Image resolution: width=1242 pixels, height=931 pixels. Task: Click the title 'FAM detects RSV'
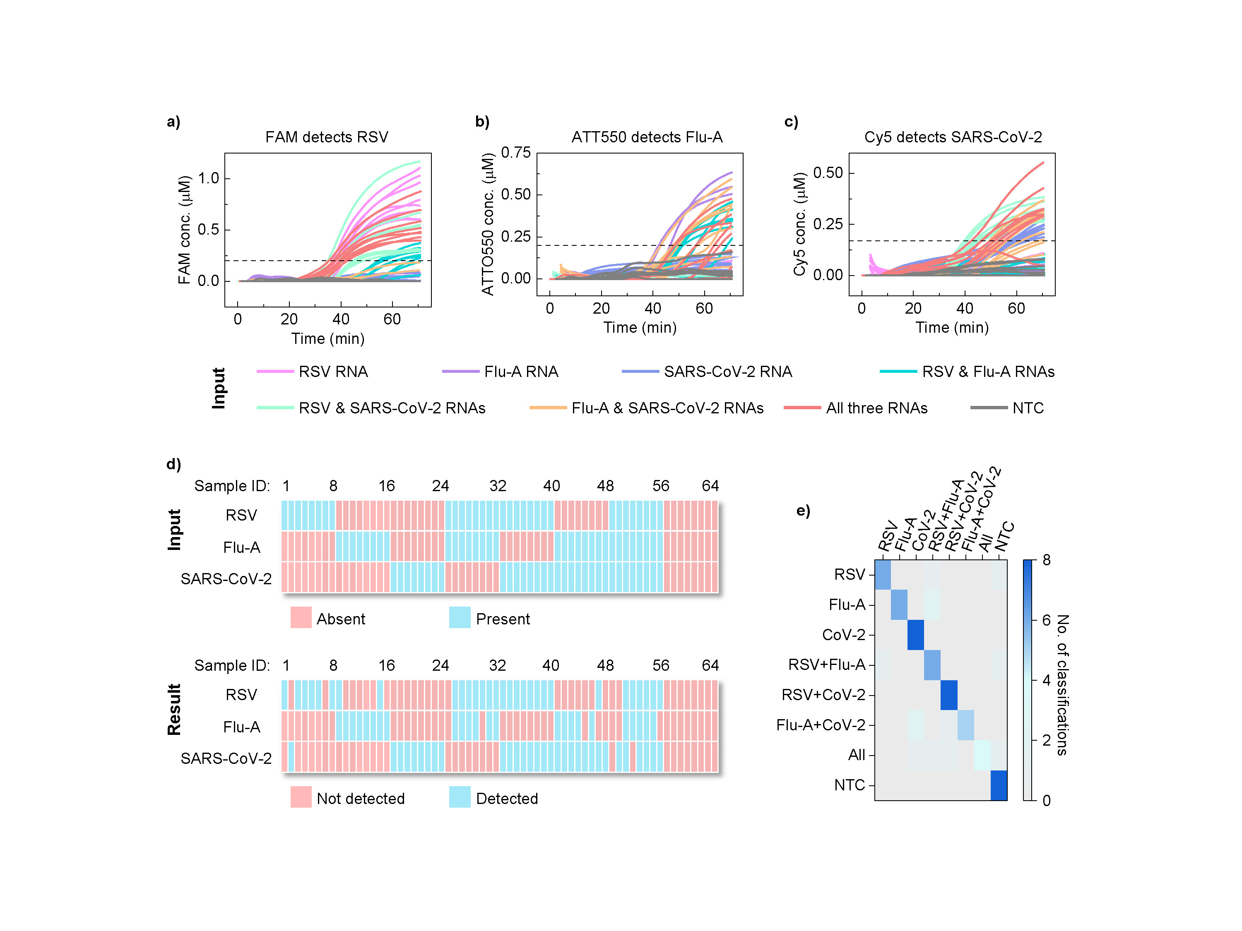326,137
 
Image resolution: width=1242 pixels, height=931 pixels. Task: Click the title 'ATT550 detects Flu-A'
646,137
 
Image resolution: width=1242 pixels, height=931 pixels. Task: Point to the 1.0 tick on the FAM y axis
208,178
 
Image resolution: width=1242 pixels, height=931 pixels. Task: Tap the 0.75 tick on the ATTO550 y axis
515,153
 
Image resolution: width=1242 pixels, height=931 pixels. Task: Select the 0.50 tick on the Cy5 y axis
828,173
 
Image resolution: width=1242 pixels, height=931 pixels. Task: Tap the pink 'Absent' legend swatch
301,617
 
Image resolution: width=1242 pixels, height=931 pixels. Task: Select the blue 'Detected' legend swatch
459,797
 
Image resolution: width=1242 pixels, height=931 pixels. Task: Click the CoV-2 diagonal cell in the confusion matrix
915,635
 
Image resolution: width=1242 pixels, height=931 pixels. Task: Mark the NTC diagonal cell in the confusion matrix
998,785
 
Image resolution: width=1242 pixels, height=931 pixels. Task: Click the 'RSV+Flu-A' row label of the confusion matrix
826,665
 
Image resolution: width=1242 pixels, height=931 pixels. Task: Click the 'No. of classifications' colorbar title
1062,685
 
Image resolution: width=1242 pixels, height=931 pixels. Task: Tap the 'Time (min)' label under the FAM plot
327,339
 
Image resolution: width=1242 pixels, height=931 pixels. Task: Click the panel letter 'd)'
173,464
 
